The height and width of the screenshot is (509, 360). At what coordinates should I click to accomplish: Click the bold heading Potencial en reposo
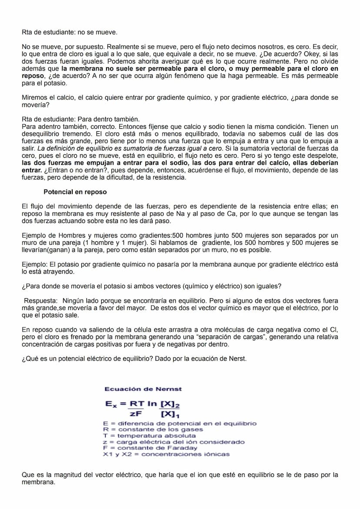click(x=75, y=192)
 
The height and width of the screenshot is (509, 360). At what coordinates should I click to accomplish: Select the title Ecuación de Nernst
click(x=143, y=389)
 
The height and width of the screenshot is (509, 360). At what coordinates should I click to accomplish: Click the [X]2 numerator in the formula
click(x=170, y=404)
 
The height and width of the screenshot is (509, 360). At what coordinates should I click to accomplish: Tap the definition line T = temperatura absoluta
click(x=149, y=436)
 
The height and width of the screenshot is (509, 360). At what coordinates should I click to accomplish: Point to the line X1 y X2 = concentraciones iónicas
click(x=166, y=454)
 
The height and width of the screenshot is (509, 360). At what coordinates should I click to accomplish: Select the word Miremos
click(x=34, y=98)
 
